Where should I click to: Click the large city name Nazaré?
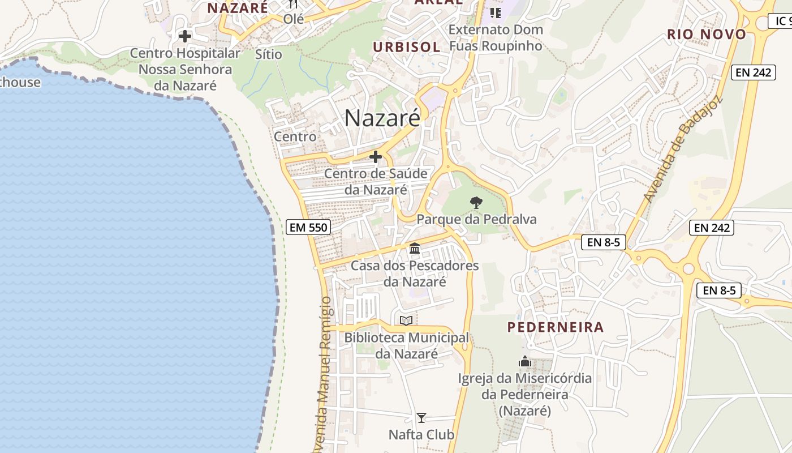pyautogui.click(x=382, y=118)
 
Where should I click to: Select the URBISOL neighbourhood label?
pyautogui.click(x=406, y=47)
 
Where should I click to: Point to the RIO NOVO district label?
pyautogui.click(x=707, y=35)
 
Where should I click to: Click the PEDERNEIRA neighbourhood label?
pyautogui.click(x=556, y=327)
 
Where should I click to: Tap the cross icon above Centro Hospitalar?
pyautogui.click(x=184, y=36)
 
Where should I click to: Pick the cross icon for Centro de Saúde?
pyautogui.click(x=375, y=157)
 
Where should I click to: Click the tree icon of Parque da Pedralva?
pyautogui.click(x=476, y=202)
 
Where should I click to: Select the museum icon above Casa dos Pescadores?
pyautogui.click(x=415, y=249)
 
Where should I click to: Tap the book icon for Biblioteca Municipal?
pyautogui.click(x=406, y=321)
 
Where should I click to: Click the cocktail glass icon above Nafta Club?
pyautogui.click(x=421, y=418)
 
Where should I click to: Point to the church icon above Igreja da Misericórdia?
pyautogui.click(x=525, y=361)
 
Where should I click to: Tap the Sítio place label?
pyautogui.click(x=269, y=54)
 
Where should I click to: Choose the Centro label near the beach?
pyautogui.click(x=295, y=136)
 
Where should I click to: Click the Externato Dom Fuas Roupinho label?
pyautogui.click(x=496, y=37)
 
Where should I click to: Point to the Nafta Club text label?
pyautogui.click(x=421, y=435)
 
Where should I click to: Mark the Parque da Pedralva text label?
pyautogui.click(x=476, y=219)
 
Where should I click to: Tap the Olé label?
pyautogui.click(x=294, y=19)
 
